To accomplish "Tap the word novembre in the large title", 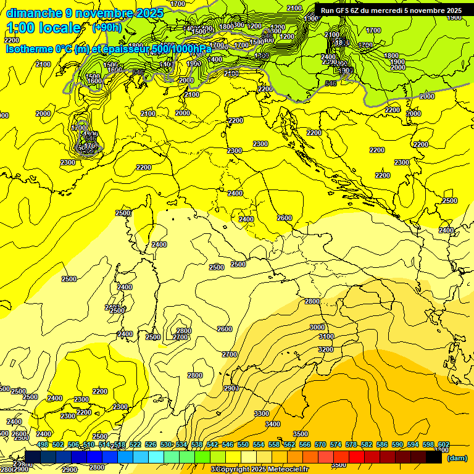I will (x=102, y=14).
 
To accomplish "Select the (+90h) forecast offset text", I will (x=107, y=28).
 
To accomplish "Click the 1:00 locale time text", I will (x=44, y=28).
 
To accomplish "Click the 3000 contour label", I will (x=317, y=327).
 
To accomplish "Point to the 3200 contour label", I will (x=326, y=349).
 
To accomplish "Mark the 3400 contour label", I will (x=272, y=424).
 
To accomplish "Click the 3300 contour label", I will (x=262, y=413).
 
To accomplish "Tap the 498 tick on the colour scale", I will (x=43, y=444).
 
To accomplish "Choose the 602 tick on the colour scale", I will (x=444, y=444).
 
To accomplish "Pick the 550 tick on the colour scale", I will (x=243, y=444).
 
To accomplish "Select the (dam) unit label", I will (x=457, y=458).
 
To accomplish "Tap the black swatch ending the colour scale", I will (x=434, y=457).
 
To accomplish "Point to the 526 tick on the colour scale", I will (x=151, y=444).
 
